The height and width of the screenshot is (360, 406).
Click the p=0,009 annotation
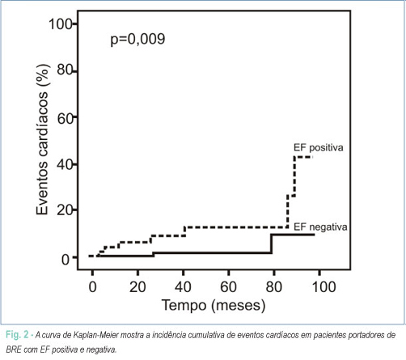coord(137,40)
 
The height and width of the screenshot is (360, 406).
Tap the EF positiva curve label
coord(319,148)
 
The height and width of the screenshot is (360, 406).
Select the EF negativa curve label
coord(320,227)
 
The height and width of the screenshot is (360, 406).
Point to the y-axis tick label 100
coord(61,24)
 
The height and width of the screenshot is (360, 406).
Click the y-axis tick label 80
coord(65,70)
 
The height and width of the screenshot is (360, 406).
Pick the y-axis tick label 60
coord(65,118)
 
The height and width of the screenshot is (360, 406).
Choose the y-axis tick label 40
coord(65,165)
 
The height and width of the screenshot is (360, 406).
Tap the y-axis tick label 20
coord(65,210)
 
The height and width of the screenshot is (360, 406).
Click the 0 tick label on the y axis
coord(66,260)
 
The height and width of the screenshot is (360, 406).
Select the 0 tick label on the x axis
coord(92,286)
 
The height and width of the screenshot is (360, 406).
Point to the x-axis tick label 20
coord(137,286)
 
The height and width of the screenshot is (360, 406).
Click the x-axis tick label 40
coord(183,286)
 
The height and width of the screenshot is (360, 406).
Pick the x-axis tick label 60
coord(228,286)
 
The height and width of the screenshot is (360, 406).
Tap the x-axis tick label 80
coord(274,286)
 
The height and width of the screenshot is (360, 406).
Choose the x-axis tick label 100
coord(324,286)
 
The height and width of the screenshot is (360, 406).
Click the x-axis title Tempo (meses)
coord(214,306)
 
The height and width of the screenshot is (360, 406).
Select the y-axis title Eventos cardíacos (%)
coord(43,139)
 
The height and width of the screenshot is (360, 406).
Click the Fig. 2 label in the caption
coord(17,335)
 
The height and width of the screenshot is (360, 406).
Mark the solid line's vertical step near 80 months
coord(271,244)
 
